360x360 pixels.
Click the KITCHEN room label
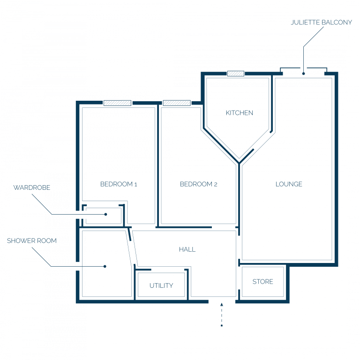pyautogui.click(x=239, y=112)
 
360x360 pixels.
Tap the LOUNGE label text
pyautogui.click(x=289, y=184)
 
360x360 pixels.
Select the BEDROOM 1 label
pyautogui.click(x=119, y=184)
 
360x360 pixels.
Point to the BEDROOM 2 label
pyautogui.click(x=198, y=184)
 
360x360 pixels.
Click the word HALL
pyautogui.click(x=187, y=249)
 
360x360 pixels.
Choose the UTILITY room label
pyautogui.click(x=161, y=285)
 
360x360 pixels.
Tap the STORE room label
pyautogui.click(x=262, y=281)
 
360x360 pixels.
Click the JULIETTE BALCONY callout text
pyautogui.click(x=321, y=22)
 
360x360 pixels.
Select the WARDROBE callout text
pyautogui.click(x=32, y=187)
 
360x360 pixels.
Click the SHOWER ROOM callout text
pyautogui.click(x=32, y=240)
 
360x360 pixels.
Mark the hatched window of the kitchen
pyautogui.click(x=236, y=74)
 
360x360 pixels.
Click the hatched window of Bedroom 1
pyautogui.click(x=117, y=103)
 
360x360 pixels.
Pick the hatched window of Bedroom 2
pyautogui.click(x=177, y=103)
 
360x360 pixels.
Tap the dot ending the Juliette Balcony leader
pyautogui.click(x=304, y=74)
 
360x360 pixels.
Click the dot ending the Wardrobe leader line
pyautogui.click(x=105, y=214)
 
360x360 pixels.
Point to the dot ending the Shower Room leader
pyautogui.click(x=105, y=266)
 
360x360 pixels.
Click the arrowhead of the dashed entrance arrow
pyautogui.click(x=222, y=304)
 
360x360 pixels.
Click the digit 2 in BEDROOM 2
pyautogui.click(x=216, y=184)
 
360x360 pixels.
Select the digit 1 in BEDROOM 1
pyautogui.click(x=135, y=184)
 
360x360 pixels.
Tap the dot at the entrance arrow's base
pyautogui.click(x=222, y=326)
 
